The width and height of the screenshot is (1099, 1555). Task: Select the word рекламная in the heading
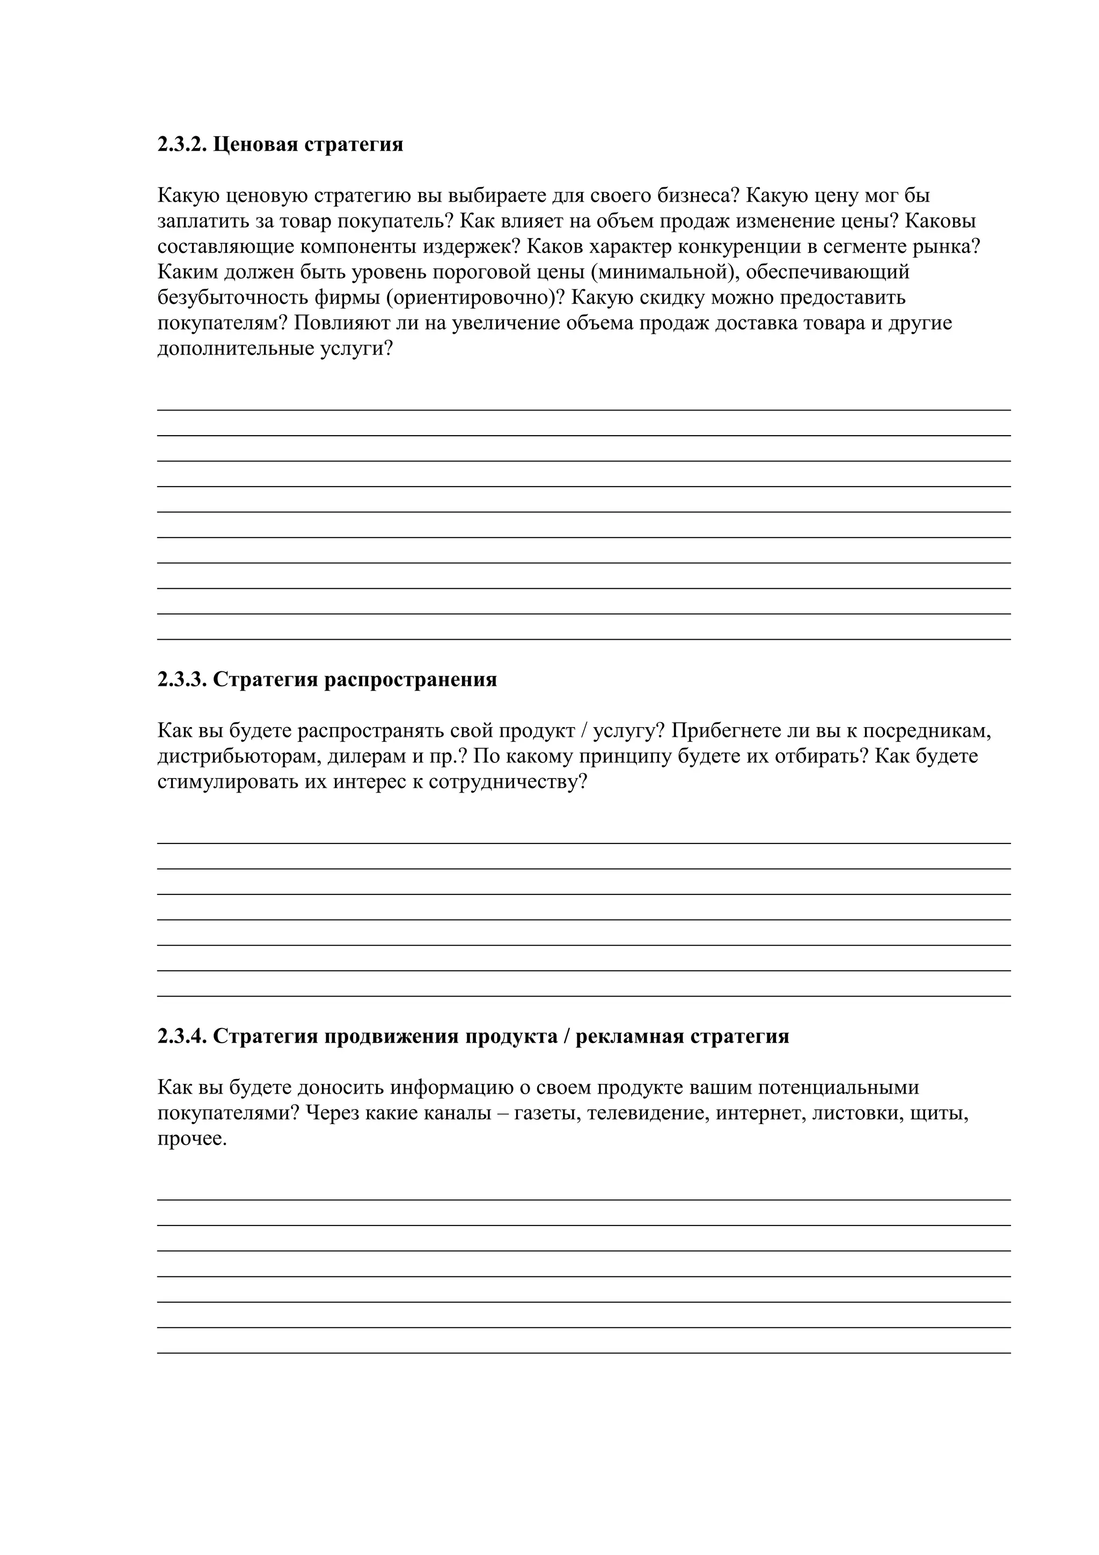tap(629, 1036)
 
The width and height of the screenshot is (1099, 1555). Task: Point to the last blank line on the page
tap(584, 1352)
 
